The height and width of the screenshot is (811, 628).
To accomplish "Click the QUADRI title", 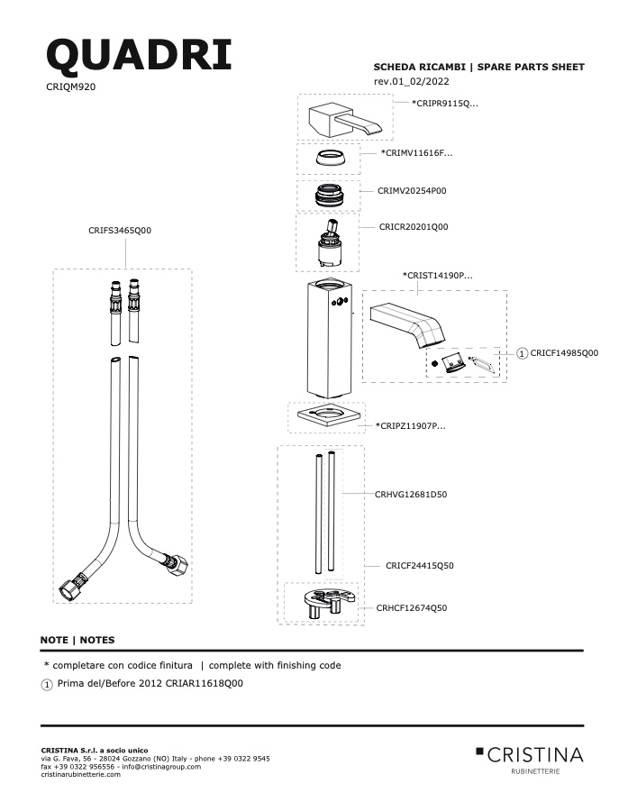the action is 139,56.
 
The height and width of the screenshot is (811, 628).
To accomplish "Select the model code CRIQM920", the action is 71,87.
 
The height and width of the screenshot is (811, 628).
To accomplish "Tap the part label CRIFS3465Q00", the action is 120,231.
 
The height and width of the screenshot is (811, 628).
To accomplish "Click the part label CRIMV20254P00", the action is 412,191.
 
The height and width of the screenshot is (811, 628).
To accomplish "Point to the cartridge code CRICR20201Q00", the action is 414,226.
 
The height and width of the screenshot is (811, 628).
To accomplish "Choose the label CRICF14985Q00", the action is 564,353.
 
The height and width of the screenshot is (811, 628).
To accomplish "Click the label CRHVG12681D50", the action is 411,495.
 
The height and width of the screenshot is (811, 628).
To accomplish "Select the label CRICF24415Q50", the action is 420,566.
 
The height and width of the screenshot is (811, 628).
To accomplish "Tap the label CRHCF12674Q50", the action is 412,608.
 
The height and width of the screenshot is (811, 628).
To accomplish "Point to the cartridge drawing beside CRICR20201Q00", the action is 328,244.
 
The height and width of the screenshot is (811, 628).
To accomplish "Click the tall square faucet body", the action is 328,338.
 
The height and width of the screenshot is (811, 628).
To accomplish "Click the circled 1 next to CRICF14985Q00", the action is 522,353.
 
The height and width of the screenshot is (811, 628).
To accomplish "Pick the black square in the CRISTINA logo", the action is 479,751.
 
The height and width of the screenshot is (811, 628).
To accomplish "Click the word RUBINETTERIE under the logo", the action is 535,771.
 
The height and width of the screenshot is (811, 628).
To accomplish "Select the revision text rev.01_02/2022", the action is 411,81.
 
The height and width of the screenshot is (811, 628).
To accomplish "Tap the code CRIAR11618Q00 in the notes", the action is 204,683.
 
